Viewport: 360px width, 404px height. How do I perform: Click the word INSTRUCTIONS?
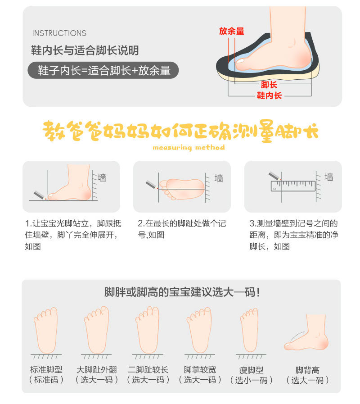tap(59, 33)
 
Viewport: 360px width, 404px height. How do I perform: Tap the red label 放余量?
tap(231, 31)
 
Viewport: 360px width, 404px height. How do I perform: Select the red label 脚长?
tap(269, 85)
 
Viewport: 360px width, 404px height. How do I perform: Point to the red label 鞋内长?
tap(269, 95)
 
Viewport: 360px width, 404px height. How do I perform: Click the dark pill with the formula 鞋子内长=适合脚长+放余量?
tap(103, 71)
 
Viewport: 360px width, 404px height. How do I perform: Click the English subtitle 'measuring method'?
tap(189, 147)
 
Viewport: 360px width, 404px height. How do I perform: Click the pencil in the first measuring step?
tap(40, 194)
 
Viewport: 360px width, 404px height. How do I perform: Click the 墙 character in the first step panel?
tap(102, 177)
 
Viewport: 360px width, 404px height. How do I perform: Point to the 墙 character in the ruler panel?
tap(329, 177)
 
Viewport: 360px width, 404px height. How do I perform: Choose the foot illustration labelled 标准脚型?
tap(46, 330)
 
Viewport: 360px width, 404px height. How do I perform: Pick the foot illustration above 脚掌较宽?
tap(199, 330)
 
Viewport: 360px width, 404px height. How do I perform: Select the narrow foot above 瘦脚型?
tap(249, 330)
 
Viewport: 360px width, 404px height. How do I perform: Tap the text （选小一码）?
tap(252, 380)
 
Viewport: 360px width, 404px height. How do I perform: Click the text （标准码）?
tap(46, 380)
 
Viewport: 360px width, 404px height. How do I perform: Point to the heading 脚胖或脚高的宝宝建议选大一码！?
tap(182, 292)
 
